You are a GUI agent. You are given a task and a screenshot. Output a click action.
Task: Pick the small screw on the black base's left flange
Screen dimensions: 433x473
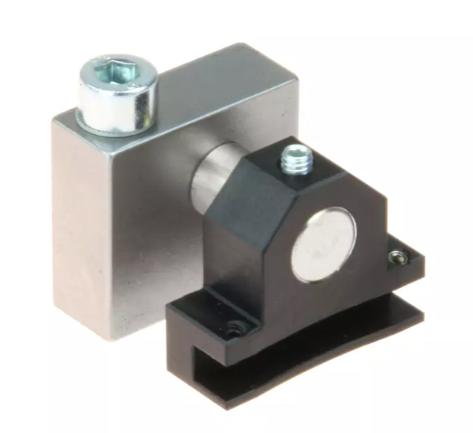click(x=236, y=328)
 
